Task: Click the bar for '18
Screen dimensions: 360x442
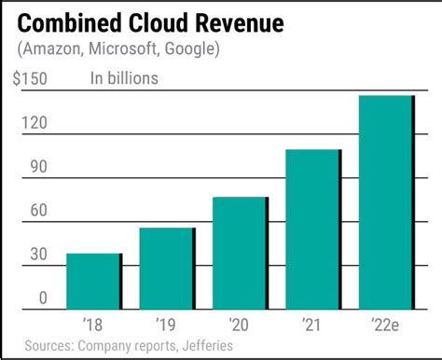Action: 93,281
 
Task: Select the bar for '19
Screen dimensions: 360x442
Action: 167,269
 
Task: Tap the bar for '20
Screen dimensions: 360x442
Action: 240,253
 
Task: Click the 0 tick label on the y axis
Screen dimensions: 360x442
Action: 42,298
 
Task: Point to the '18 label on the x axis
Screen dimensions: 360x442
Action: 92,325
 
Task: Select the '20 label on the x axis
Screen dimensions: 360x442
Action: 239,325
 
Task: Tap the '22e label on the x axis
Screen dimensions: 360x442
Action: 385,325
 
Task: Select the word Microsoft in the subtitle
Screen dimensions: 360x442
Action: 122,48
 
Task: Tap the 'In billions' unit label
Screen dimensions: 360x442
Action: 124,78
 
